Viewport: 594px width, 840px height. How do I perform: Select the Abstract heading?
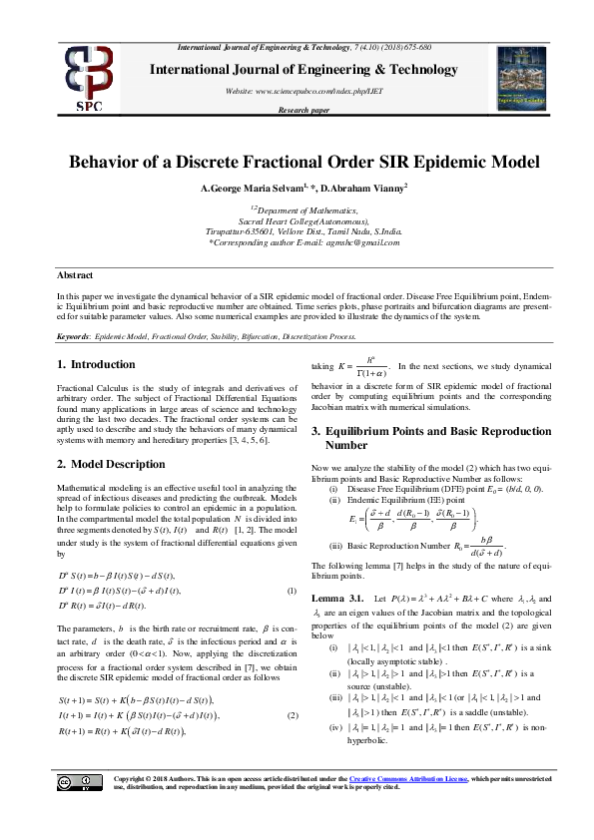click(75, 274)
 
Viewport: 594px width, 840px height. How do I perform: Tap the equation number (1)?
click(292, 592)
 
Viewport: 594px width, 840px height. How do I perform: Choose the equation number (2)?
click(292, 687)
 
